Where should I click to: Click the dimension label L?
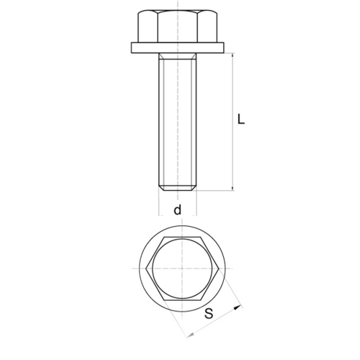click(241, 120)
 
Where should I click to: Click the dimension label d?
click(178, 210)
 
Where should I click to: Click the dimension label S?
click(209, 313)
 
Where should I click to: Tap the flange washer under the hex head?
click(178, 48)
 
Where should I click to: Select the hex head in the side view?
click(178, 26)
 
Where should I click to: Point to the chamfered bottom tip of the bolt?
click(178, 188)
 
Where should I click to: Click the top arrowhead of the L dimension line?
click(233, 55)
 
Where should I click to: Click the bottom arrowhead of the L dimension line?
click(233, 188)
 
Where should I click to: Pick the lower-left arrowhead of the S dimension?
click(191, 335)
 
